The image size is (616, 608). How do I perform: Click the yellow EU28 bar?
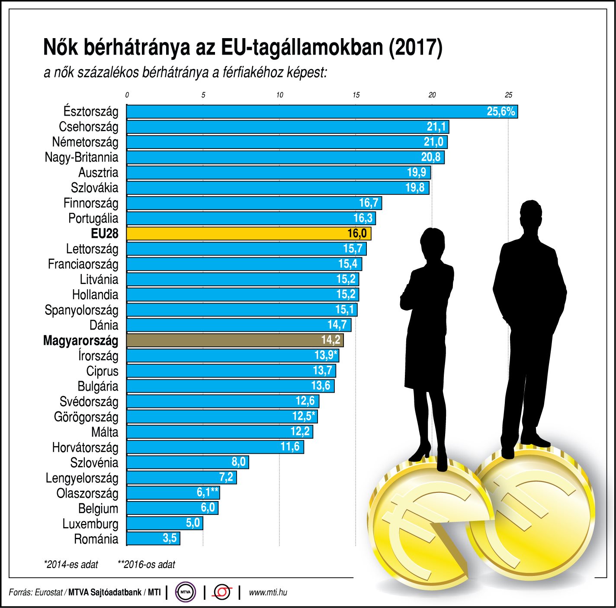(x=249, y=233)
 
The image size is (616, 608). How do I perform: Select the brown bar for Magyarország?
(x=235, y=340)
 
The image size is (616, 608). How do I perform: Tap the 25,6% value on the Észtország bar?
(x=500, y=111)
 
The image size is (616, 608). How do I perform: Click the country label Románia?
(x=96, y=539)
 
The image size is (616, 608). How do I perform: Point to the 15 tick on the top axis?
(x=356, y=95)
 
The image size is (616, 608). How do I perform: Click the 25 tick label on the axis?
(x=508, y=95)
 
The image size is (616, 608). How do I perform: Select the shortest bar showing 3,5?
(x=153, y=538)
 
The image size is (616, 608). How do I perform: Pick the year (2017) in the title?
(x=416, y=47)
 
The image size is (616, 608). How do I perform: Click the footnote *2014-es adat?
(x=71, y=564)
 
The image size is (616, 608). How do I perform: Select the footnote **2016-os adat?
(x=146, y=564)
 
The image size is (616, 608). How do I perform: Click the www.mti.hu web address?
(x=268, y=592)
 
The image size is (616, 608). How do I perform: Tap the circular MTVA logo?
(x=186, y=592)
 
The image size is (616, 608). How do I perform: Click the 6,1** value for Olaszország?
(x=207, y=492)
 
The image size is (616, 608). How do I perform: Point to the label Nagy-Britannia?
(x=81, y=157)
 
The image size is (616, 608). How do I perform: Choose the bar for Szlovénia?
(x=187, y=462)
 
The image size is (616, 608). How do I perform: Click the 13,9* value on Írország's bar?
(x=325, y=355)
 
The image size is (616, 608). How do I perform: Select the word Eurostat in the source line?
(x=49, y=592)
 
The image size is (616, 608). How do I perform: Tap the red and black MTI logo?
(x=222, y=592)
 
